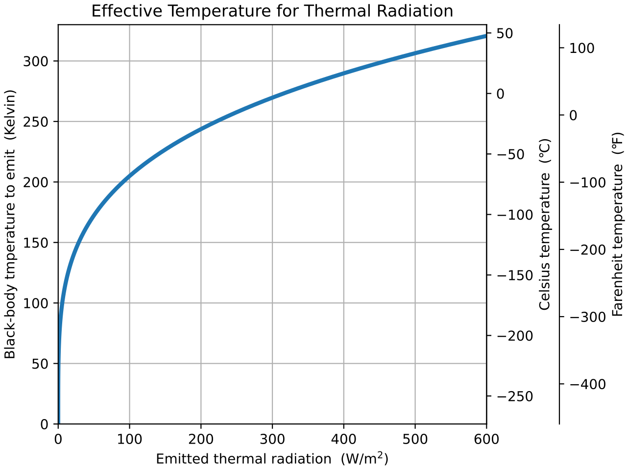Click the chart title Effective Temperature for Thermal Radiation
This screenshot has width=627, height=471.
[x=272, y=11]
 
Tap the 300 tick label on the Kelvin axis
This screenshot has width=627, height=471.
[x=36, y=61]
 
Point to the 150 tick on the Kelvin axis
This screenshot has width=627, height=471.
[x=36, y=243]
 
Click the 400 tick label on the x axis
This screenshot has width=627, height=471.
[x=343, y=439]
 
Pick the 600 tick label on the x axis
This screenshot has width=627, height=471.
[x=486, y=439]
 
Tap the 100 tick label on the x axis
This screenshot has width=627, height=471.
[x=129, y=439]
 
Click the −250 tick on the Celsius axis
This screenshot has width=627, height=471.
[x=515, y=397]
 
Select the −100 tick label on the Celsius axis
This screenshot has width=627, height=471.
[x=515, y=215]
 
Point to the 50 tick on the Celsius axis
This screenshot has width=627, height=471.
[x=505, y=34]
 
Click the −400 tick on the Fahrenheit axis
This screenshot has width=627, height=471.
[x=588, y=384]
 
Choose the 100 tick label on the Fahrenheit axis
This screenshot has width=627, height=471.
[x=582, y=48]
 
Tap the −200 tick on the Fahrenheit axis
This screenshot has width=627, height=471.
[x=588, y=250]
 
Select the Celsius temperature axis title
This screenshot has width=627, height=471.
[x=545, y=224]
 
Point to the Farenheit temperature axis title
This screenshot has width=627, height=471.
[x=618, y=224]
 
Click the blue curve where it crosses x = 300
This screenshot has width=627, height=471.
[x=272, y=97]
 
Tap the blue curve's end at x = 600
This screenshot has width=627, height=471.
[x=485, y=36]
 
